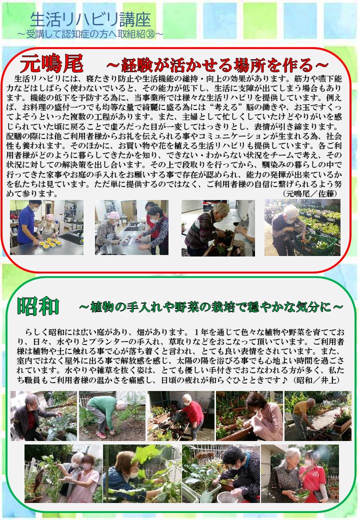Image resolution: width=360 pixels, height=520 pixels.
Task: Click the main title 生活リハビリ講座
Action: (90, 20)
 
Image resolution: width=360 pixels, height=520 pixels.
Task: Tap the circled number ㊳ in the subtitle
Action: (150, 34)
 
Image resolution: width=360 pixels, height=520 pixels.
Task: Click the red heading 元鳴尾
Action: (51, 63)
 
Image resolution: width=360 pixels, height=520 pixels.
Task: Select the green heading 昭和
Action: (38, 306)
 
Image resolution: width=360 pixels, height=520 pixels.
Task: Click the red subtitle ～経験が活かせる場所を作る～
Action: (217, 64)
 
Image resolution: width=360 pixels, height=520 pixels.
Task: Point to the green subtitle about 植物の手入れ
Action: (211, 307)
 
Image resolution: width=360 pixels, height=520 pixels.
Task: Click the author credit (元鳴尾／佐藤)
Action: (310, 193)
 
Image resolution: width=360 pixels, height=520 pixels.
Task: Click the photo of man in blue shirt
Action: (46, 227)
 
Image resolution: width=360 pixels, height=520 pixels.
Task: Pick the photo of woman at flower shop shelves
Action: (302, 227)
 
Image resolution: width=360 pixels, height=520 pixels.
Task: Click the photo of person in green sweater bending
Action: (112, 416)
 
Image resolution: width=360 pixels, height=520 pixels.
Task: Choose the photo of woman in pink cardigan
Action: (249, 416)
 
